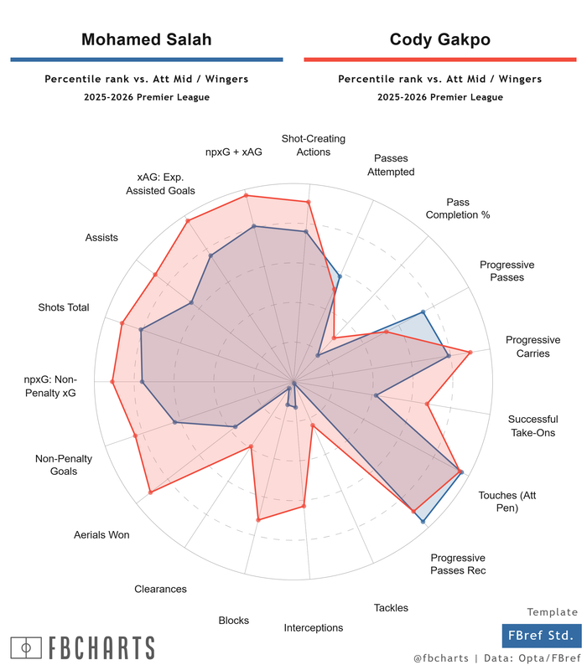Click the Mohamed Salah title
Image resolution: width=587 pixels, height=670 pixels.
coord(146,39)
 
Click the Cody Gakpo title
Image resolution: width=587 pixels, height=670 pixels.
coord(439,39)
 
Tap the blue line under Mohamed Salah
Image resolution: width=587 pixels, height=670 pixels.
coord(146,59)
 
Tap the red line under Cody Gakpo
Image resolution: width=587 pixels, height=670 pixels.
coord(439,59)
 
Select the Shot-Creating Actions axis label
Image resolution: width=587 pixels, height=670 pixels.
coord(313,145)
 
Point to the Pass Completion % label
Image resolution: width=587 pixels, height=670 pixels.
coord(457,209)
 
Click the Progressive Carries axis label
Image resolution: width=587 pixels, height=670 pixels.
coord(532,347)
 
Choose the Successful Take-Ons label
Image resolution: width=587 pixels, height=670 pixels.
coord(532,425)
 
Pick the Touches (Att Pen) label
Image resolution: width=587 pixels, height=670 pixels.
coord(506,501)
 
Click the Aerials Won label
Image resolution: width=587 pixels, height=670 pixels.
coord(101,534)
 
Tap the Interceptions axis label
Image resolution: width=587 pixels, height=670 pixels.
coord(313,627)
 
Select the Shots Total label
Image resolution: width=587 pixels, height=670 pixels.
coord(64,307)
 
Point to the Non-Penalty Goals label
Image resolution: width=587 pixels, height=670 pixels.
coord(64,465)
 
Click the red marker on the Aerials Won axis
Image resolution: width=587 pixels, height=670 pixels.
coord(150,492)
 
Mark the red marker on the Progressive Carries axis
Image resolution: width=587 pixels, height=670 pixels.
coord(470,352)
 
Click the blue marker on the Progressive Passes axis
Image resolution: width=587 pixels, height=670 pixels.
coord(423,312)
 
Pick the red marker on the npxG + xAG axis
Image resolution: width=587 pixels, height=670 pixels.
coord(246,196)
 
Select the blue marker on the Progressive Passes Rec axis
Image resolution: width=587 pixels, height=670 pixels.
coord(423,522)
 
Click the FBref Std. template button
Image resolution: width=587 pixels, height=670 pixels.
coord(540,636)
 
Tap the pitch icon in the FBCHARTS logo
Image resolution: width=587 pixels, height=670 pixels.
coord(27,647)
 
